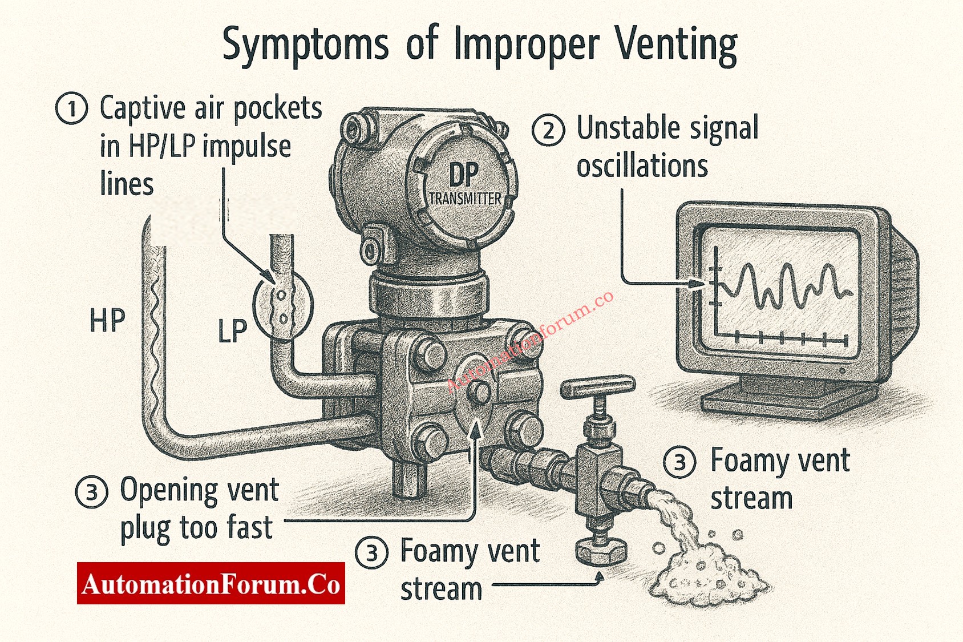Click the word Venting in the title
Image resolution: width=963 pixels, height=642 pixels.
(676, 45)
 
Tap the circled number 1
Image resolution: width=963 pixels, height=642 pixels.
(71, 108)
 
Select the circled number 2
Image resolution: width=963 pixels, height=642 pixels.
(548, 130)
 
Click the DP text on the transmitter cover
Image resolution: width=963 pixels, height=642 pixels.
(464, 175)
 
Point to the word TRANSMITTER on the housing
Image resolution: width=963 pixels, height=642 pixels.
(465, 199)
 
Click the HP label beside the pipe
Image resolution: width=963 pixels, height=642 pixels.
(107, 320)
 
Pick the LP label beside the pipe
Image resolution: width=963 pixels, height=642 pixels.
(232, 331)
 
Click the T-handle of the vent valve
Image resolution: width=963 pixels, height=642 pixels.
(597, 387)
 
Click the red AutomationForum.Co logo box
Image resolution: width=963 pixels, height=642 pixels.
(211, 583)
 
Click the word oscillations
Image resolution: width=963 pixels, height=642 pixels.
(642, 167)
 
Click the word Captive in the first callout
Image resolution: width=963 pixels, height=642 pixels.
(143, 108)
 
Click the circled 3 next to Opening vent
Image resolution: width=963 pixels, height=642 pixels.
(91, 492)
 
